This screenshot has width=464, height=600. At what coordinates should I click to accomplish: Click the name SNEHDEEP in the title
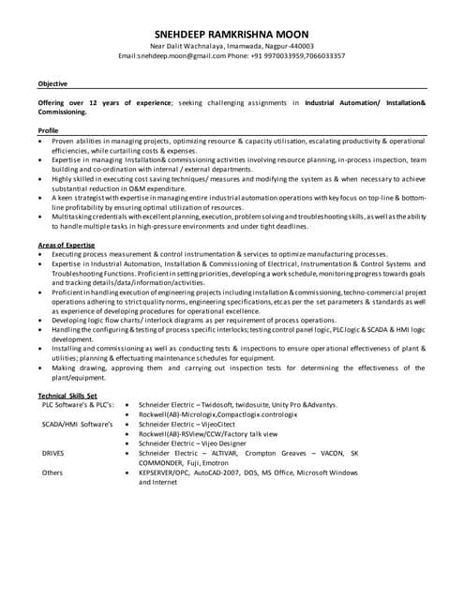click(186, 33)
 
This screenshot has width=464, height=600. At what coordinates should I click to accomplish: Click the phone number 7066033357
click(319, 56)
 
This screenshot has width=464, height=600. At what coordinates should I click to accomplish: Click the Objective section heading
click(53, 83)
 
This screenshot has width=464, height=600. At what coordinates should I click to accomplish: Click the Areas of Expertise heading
click(68, 245)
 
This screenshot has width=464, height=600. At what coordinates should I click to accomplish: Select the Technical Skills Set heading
click(67, 395)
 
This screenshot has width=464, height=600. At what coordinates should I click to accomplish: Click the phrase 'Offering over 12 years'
click(76, 101)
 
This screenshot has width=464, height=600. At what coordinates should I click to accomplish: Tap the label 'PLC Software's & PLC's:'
click(78, 404)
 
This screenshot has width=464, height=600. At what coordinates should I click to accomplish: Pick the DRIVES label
click(53, 453)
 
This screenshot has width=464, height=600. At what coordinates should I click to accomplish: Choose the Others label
click(52, 472)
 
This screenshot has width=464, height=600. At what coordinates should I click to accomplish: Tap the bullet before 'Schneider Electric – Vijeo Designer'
click(127, 443)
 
